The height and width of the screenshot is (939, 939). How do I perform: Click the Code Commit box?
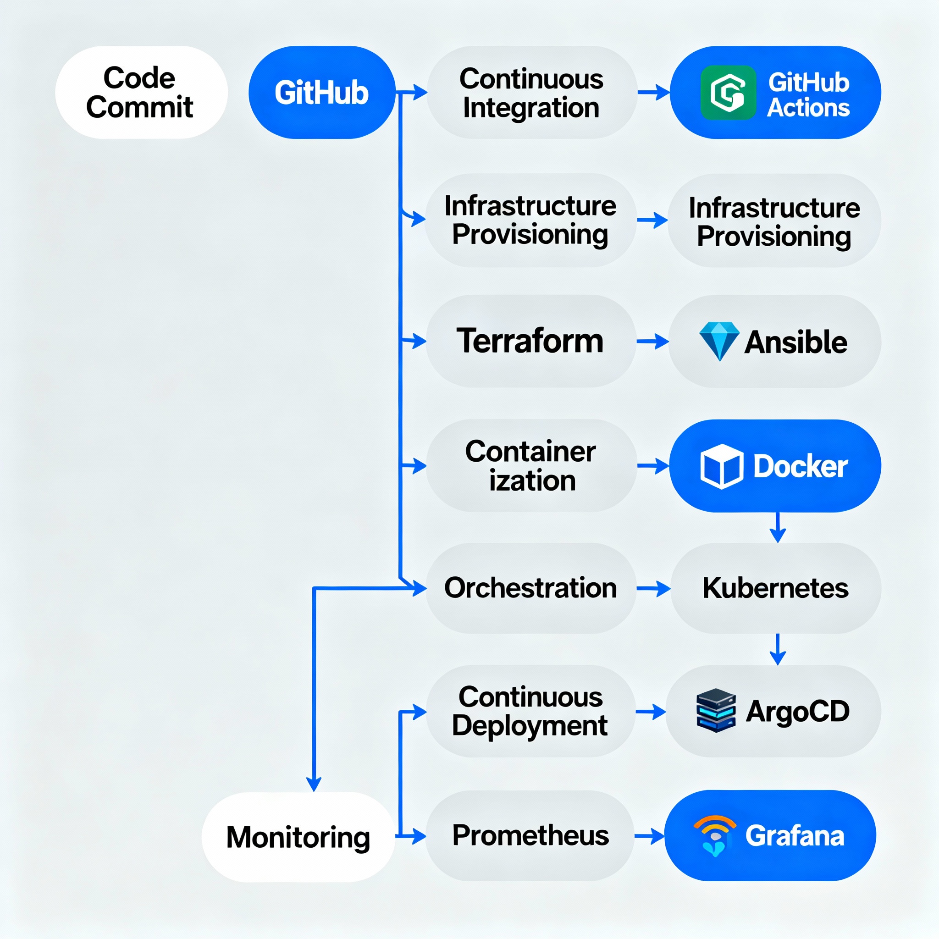click(141, 92)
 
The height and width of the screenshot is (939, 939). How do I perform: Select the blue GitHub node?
click(322, 92)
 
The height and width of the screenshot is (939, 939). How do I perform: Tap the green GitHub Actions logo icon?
click(728, 92)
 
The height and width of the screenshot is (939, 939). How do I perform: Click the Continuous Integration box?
click(531, 92)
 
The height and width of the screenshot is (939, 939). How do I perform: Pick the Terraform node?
click(530, 341)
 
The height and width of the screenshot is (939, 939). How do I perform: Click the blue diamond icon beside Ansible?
click(719, 341)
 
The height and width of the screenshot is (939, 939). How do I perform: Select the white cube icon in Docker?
click(721, 466)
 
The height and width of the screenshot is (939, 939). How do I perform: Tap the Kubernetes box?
click(775, 588)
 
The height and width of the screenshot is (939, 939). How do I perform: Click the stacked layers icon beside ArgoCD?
click(715, 711)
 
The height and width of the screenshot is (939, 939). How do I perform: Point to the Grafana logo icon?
click(714, 835)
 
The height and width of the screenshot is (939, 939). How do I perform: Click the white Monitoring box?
click(298, 837)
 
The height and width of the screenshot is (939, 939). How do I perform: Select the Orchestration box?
click(530, 588)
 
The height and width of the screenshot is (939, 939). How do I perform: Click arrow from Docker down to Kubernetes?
click(778, 528)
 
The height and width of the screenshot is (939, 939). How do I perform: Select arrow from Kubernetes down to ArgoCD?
click(778, 650)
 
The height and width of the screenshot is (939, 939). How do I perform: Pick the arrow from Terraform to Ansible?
click(652, 342)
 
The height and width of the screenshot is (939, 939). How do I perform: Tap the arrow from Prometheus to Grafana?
click(649, 836)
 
